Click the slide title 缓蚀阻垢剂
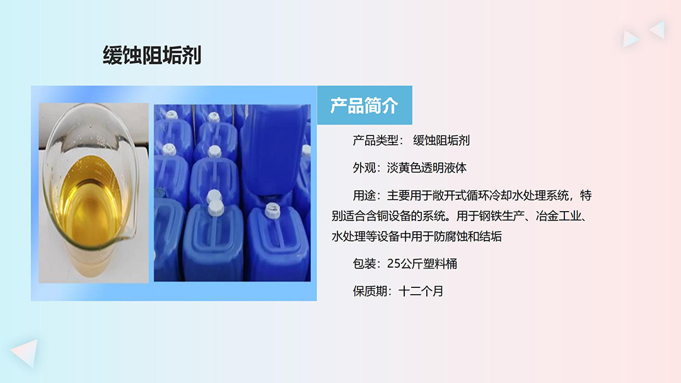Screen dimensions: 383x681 tap(152, 55)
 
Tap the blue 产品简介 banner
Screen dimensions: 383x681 tap(364, 106)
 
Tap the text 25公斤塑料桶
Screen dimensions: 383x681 tap(422, 264)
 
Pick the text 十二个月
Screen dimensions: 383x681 tap(421, 292)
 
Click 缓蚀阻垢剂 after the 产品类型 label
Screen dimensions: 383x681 tap(441, 140)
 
